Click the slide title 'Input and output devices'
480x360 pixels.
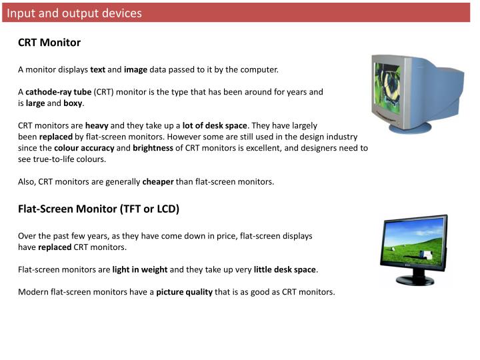[75, 13]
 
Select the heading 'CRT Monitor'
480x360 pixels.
[49, 43]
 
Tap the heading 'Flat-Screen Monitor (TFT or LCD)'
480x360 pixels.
[99, 209]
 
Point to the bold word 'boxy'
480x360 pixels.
[73, 103]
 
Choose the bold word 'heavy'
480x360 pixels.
[97, 125]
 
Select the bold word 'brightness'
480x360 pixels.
[153, 148]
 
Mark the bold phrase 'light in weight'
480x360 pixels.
[140, 269]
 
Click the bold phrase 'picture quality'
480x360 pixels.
[184, 292]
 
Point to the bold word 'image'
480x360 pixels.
[135, 69]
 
